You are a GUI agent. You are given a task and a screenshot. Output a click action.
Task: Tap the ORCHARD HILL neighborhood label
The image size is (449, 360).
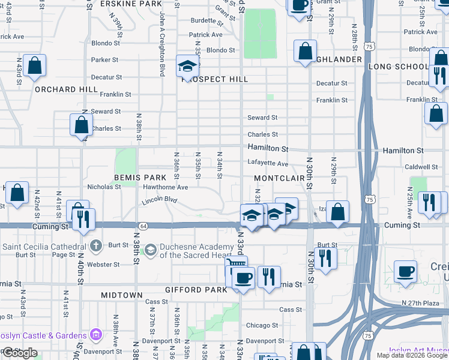[66, 89]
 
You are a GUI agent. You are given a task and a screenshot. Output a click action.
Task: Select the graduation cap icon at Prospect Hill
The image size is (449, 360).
[187, 65]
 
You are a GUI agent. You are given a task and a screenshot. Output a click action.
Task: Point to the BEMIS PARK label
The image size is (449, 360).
[140, 178]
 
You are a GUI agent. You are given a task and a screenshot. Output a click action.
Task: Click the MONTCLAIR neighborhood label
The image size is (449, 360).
[279, 179]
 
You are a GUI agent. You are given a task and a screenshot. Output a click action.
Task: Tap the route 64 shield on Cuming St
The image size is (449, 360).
[144, 226]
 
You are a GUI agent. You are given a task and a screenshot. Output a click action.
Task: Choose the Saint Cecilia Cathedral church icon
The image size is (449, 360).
[96, 245]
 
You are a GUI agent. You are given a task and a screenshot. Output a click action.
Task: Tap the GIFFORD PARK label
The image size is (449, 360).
[197, 290]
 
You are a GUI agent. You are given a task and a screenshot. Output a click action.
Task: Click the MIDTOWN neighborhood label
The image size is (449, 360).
[122, 295]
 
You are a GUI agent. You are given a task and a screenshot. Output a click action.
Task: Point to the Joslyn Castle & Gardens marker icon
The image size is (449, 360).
[95, 334]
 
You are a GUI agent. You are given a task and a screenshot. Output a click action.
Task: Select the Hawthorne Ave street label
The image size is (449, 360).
[166, 187]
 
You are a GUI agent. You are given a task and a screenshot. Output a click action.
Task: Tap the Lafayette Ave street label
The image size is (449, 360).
[268, 163]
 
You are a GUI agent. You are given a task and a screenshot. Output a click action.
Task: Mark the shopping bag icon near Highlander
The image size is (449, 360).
[305, 50]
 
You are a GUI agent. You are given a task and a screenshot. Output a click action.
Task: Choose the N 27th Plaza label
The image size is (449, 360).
[423, 303]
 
